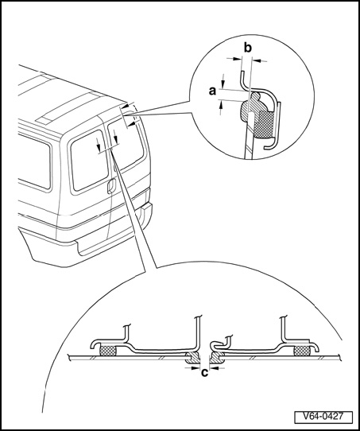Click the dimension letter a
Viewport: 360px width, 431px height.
pyautogui.click(x=212, y=91)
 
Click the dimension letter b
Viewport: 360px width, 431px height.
pyautogui.click(x=248, y=48)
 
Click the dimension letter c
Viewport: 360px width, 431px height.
pyautogui.click(x=205, y=373)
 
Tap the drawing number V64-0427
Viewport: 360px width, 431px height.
pyautogui.click(x=323, y=416)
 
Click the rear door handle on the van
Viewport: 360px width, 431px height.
pyautogui.click(x=112, y=185)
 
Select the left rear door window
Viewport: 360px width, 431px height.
pyautogui.click(x=89, y=161)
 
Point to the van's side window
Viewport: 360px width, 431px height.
pyautogui.click(x=34, y=161)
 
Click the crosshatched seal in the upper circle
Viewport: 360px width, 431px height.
pyautogui.click(x=264, y=125)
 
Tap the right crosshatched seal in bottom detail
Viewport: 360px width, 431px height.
pyautogui.click(x=302, y=351)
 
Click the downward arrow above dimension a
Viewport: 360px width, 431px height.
pyautogui.click(x=223, y=80)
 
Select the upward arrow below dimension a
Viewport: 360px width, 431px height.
pyautogui.click(x=221, y=107)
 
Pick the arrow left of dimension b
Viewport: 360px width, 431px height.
pyautogui.click(x=234, y=59)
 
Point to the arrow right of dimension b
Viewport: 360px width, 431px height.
pyautogui.click(x=259, y=60)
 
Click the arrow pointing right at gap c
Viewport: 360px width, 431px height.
pyautogui.click(x=192, y=367)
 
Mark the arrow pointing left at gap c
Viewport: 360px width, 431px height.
pyautogui.click(x=217, y=367)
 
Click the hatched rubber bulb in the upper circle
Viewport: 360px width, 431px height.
pyautogui.click(x=251, y=107)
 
